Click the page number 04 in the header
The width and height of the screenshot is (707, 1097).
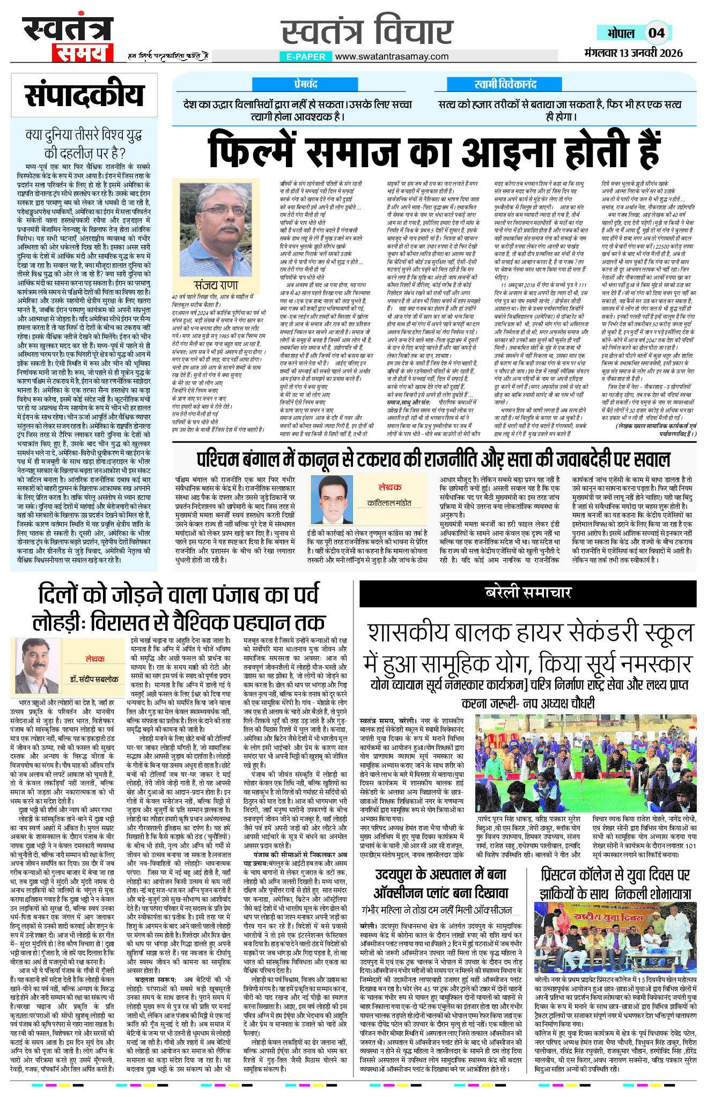[656, 33]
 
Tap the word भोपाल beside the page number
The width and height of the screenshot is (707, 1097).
[621, 33]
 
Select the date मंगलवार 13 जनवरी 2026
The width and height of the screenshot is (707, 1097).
[633, 53]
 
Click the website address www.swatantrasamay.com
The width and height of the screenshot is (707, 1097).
[392, 56]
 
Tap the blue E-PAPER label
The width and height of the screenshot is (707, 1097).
[305, 56]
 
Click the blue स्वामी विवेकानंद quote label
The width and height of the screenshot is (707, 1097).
[505, 85]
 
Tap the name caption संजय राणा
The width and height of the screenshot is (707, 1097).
[216, 285]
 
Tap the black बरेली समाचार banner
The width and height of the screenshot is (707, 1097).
[528, 593]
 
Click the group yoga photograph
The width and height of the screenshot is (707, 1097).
[586, 764]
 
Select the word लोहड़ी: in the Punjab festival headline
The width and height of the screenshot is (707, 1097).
[59, 623]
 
